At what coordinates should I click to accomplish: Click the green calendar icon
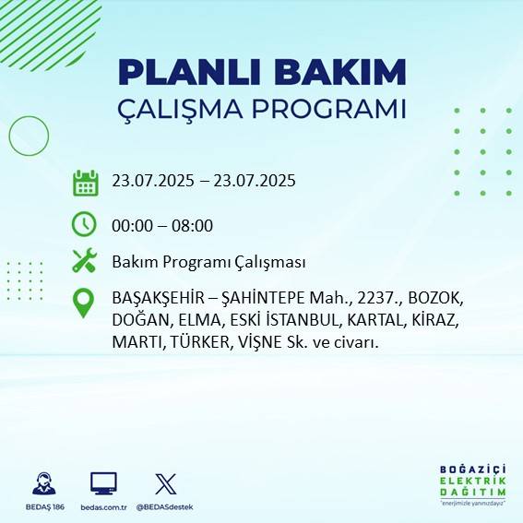[85, 183]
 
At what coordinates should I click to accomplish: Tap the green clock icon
[84, 223]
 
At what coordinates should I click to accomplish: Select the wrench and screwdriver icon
[85, 261]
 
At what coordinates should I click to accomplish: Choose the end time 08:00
[193, 225]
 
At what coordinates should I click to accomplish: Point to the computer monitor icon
[103, 483]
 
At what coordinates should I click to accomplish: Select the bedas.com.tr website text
[103, 507]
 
